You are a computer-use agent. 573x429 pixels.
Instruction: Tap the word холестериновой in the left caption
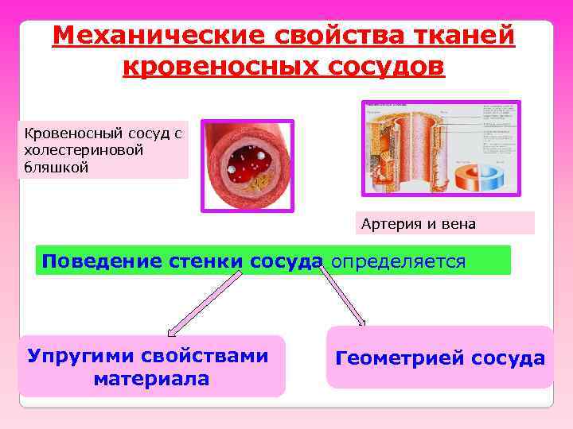(x=84, y=150)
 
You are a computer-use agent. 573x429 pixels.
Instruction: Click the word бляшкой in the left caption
(x=57, y=167)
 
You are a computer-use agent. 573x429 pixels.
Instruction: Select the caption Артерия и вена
(x=418, y=224)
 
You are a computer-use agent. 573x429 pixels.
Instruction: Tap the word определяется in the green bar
(x=397, y=261)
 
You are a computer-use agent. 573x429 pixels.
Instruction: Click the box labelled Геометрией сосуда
(x=440, y=357)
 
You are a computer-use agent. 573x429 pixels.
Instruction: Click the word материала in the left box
(x=151, y=379)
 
